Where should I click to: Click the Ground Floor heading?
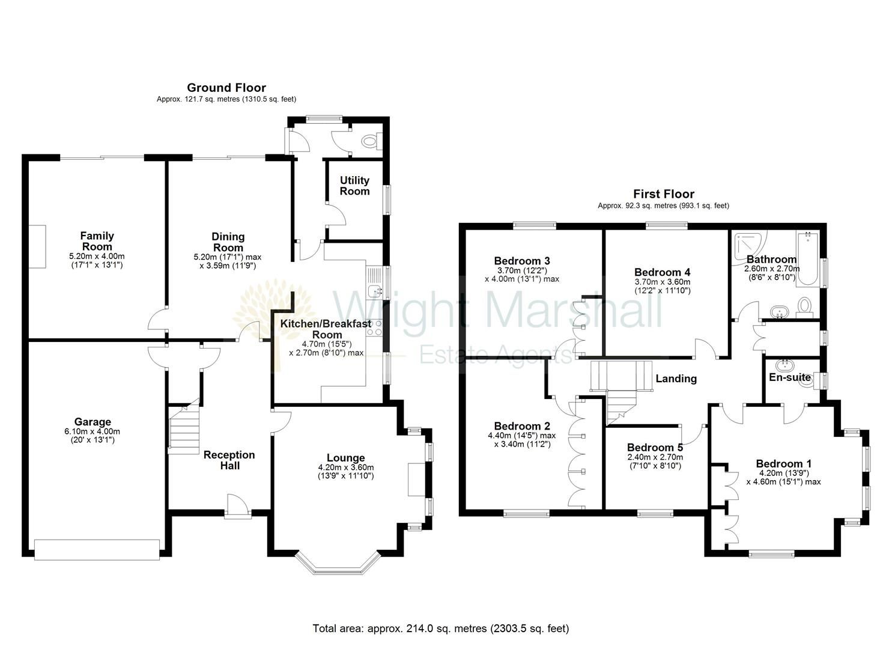pos(226,88)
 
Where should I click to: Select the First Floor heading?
pos(663,193)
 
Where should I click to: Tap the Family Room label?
pos(97,241)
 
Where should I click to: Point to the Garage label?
pos(93,422)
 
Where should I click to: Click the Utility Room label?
pos(354,186)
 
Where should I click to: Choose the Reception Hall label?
pos(229,460)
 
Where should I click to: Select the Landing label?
pos(676,379)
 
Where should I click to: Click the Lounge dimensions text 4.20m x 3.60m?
pos(345,468)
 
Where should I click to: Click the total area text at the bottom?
pos(440,629)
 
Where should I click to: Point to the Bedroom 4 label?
pos(662,272)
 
